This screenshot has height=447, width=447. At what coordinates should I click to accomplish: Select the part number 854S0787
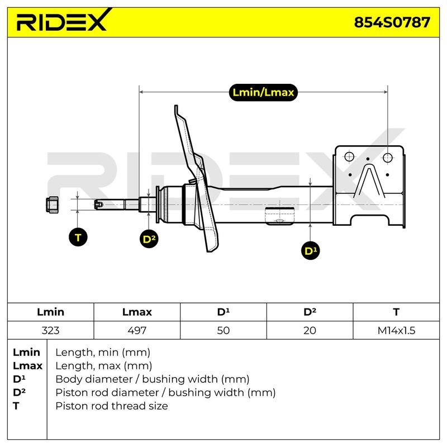pyautogui.click(x=392, y=22)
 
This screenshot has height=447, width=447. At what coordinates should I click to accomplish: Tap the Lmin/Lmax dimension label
pyautogui.click(x=263, y=92)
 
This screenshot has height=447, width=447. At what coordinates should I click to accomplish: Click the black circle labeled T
pyautogui.click(x=78, y=237)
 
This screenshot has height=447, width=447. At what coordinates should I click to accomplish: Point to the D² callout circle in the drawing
pyautogui.click(x=149, y=239)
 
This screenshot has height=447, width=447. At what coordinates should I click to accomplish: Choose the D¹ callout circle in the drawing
pyautogui.click(x=311, y=251)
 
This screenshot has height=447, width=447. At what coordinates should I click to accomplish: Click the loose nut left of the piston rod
pyautogui.click(x=53, y=205)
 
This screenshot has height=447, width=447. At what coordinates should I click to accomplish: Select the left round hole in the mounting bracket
pyautogui.click(x=349, y=156)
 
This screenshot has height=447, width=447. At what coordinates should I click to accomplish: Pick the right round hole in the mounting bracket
pyautogui.click(x=387, y=158)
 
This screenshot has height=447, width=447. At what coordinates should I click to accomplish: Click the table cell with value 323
pyautogui.click(x=50, y=330)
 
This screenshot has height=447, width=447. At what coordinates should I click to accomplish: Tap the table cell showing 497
pyautogui.click(x=137, y=330)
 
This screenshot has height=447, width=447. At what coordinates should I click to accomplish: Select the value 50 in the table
pyautogui.click(x=223, y=330)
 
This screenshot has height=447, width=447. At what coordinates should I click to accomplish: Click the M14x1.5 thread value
pyautogui.click(x=396, y=330)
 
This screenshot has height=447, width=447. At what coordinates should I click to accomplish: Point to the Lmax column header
pyautogui.click(x=137, y=312)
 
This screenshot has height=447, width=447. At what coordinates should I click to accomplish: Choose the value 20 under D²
pyautogui.click(x=310, y=330)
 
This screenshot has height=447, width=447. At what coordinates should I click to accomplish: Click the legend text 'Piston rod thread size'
pyautogui.click(x=112, y=406)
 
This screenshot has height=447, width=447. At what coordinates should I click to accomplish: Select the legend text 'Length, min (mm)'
pyautogui.click(x=103, y=353)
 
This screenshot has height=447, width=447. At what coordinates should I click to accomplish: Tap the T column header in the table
pyautogui.click(x=396, y=312)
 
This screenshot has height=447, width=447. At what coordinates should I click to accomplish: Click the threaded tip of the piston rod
pyautogui.click(x=99, y=204)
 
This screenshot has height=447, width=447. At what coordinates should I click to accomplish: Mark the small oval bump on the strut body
pyautogui.click(x=279, y=221)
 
